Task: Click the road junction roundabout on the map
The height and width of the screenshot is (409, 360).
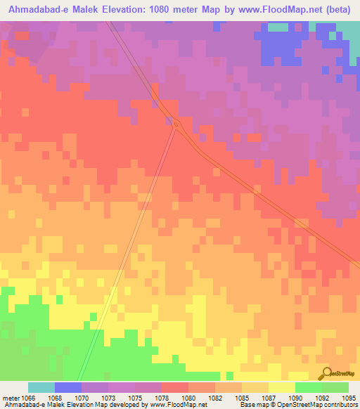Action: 177,125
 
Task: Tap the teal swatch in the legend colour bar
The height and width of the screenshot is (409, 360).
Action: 41,387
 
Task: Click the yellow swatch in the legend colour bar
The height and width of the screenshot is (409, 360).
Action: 281,387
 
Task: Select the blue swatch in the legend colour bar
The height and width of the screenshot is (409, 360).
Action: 68,387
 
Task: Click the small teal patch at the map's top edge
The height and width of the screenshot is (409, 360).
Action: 278,27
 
